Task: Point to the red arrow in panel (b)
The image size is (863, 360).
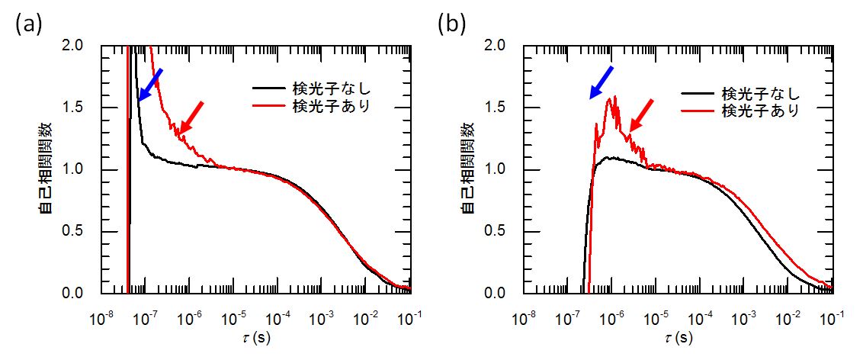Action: coord(643,115)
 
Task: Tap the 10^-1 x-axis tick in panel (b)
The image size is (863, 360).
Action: coord(831,315)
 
